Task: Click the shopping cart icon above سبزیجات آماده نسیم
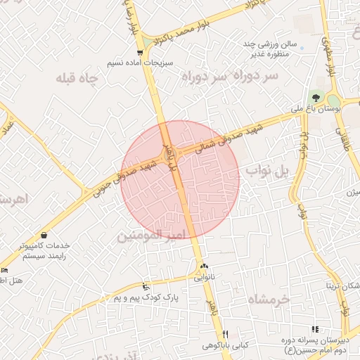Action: point(141,53)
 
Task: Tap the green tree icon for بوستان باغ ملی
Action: point(314,97)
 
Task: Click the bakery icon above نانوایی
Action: point(204,266)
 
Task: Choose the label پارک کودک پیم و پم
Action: point(144,297)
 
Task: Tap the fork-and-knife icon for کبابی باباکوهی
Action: point(225,333)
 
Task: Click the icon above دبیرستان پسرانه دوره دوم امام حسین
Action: point(314,329)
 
